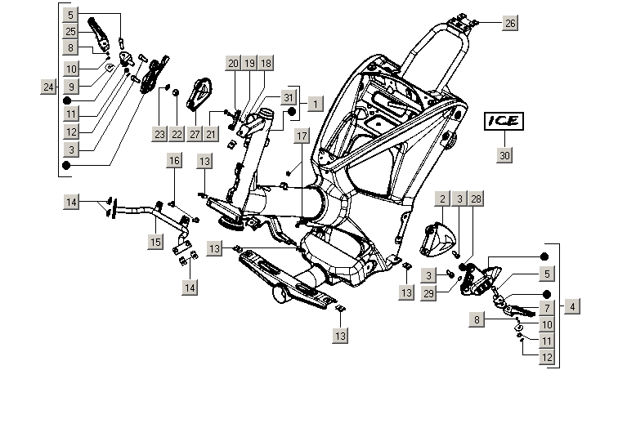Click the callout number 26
tap(509, 23)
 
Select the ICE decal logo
tap(503, 121)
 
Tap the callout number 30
tap(504, 155)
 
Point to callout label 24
tap(48, 87)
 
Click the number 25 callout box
tap(72, 31)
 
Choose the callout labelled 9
tap(72, 86)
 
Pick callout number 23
tap(159, 133)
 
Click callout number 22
tap(177, 133)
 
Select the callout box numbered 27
tap(195, 133)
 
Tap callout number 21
tap(212, 133)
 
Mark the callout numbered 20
tap(233, 63)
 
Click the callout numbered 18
tap(266, 63)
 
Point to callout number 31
tap(287, 97)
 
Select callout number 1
tap(316, 105)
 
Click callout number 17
tap(302, 136)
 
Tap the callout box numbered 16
tap(174, 161)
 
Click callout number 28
tap(477, 199)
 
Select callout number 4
tap(573, 306)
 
